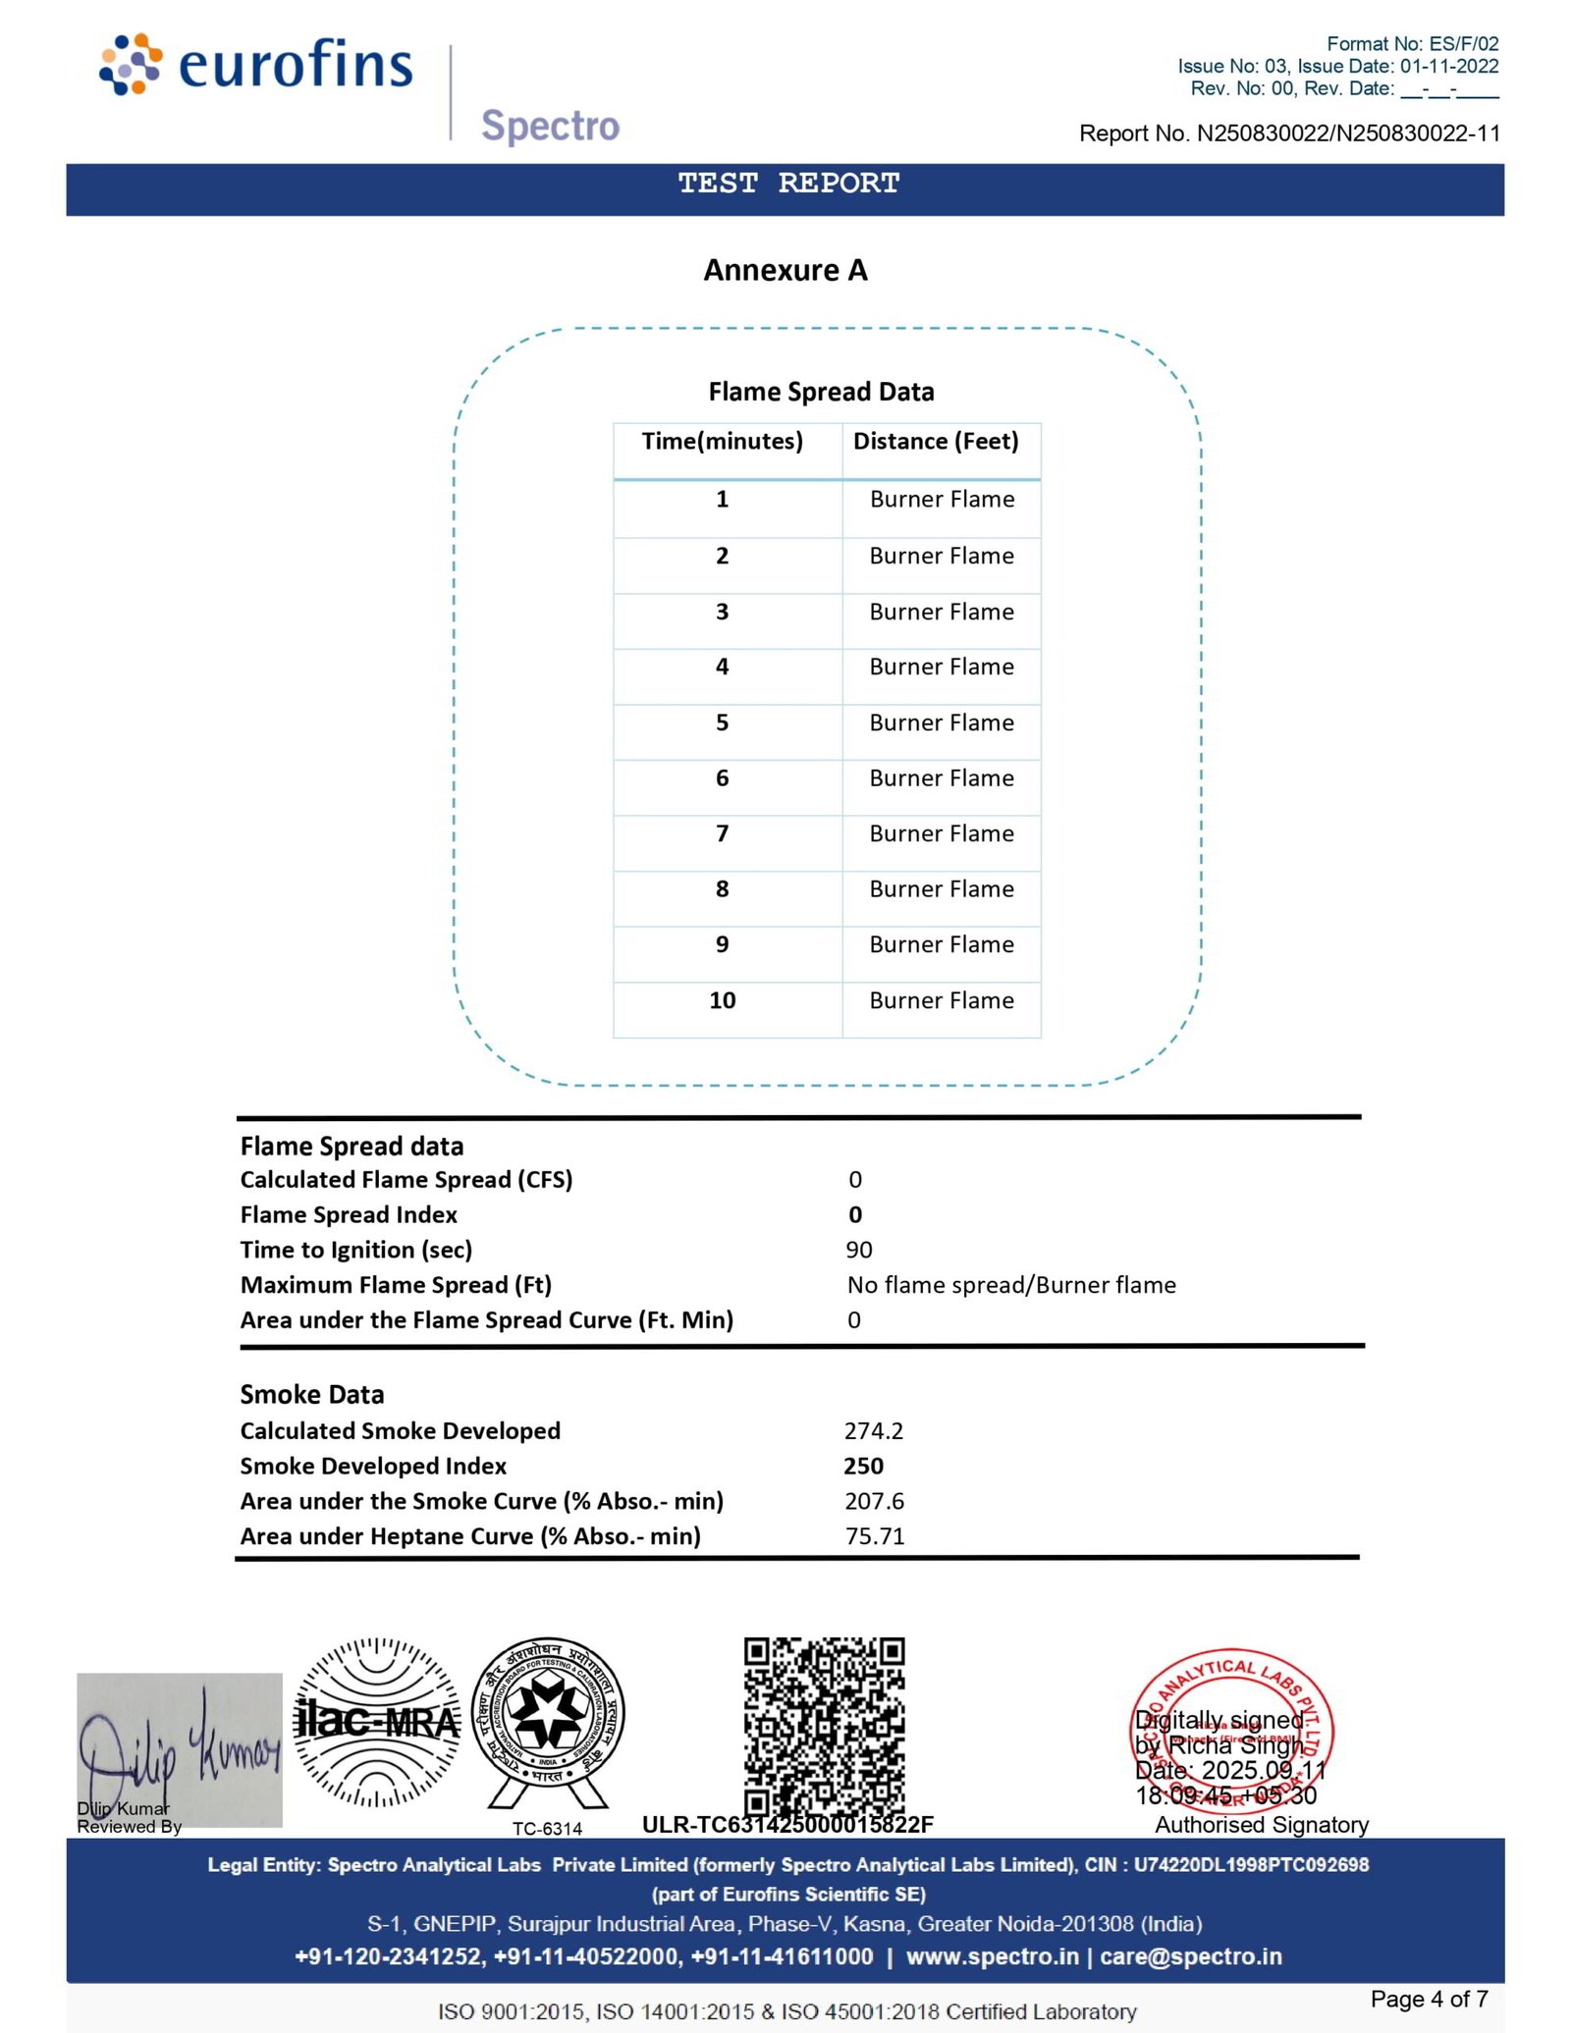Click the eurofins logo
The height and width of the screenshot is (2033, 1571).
pos(256,65)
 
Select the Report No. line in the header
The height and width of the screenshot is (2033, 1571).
pos(1288,134)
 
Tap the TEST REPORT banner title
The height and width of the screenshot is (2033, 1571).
pos(788,184)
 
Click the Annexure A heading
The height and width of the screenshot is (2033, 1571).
pos(785,270)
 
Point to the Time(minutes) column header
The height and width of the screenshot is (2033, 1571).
pos(722,442)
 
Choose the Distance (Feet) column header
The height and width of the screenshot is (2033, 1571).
pos(936,442)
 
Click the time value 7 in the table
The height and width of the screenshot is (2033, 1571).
pos(722,833)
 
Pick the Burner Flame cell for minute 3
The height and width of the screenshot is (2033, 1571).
pos(942,612)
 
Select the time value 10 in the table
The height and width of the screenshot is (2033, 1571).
pos(722,1000)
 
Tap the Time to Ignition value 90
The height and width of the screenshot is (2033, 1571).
pos(859,1250)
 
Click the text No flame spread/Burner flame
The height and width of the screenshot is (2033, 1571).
pos(1011,1285)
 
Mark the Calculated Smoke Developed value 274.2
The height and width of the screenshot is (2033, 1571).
pos(874,1430)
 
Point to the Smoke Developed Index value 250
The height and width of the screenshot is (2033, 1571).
pos(864,1466)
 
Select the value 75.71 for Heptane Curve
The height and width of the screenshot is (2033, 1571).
pos(875,1536)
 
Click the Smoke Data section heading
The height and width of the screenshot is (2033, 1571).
pos(312,1395)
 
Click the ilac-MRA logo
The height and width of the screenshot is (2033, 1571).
pos(378,1722)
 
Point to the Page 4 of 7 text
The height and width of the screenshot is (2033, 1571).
pos(1429,2000)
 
